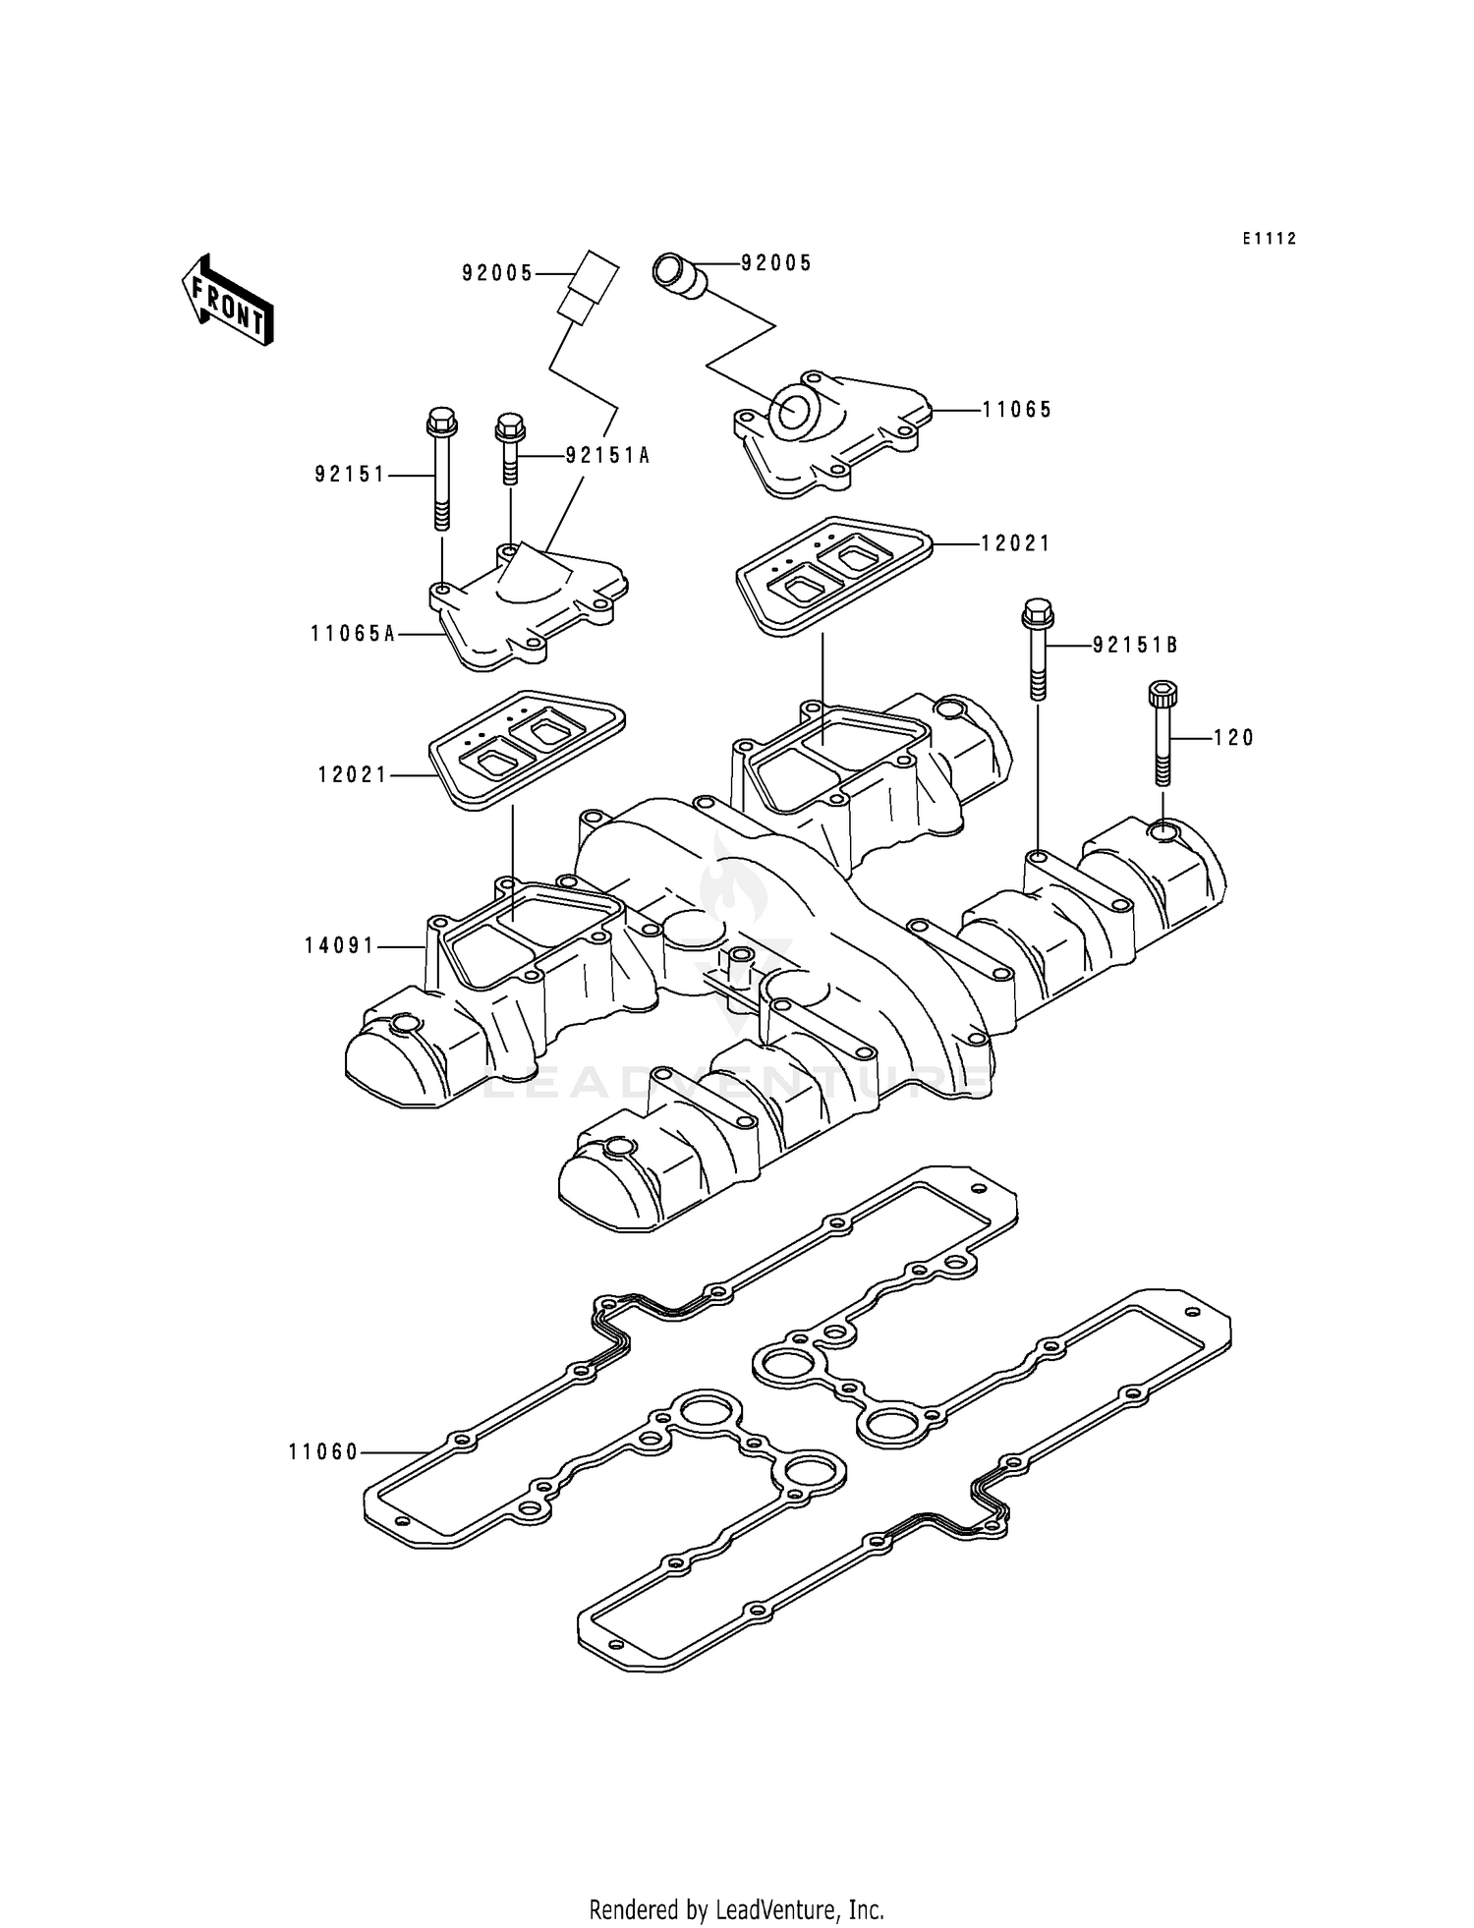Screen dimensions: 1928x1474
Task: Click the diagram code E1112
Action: point(1269,239)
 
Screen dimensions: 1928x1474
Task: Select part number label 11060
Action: point(323,1452)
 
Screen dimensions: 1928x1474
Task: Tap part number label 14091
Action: point(340,946)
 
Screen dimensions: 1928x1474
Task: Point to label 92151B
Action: point(1135,646)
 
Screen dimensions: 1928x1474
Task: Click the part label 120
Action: point(1233,738)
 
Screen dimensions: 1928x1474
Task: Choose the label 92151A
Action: point(607,457)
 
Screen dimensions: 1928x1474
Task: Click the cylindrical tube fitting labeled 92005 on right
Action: point(679,274)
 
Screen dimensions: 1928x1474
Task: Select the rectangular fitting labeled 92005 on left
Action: point(587,285)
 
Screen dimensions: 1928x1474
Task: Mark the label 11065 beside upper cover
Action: point(1017,410)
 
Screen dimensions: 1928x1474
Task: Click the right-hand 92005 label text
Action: point(776,263)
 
